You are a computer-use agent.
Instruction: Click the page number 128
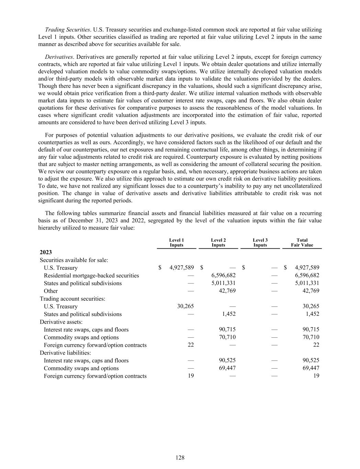click(x=180, y=457)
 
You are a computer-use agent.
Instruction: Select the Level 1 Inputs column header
click(x=177, y=243)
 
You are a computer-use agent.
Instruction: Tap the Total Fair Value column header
click(x=302, y=243)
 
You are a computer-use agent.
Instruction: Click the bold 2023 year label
click(x=46, y=253)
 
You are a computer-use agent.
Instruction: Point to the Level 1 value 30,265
click(x=185, y=306)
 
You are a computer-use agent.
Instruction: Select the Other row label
click(x=50, y=291)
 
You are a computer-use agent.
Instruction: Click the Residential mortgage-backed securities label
click(x=91, y=276)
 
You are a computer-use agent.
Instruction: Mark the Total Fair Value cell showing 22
click(x=316, y=345)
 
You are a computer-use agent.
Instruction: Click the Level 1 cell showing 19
click(x=191, y=376)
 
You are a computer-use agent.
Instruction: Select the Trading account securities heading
click(x=72, y=299)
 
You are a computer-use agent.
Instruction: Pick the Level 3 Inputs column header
click(x=260, y=243)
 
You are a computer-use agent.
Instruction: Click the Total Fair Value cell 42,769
click(x=311, y=291)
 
